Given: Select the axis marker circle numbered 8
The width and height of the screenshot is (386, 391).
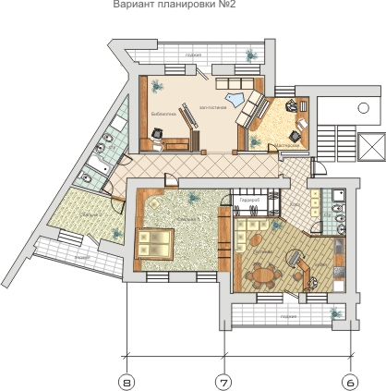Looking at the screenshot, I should pos(127,380).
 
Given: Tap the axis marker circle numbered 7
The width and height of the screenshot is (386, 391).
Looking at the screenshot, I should pos(223,380).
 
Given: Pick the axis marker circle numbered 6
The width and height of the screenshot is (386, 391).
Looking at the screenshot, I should pos(350,380).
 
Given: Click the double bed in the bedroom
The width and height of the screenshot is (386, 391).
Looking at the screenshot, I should pos(153,243).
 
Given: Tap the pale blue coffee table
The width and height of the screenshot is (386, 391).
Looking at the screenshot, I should pos(235,99).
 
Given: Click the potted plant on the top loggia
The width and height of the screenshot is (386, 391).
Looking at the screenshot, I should pos(249,56).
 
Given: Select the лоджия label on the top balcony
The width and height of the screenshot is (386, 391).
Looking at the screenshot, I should pos(193,55).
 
